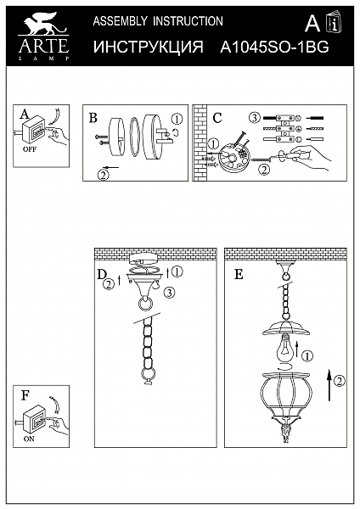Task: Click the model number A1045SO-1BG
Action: [x=274, y=48]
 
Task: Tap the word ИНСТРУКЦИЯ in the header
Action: [x=148, y=47]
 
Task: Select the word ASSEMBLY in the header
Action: [x=120, y=21]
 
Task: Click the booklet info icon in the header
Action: [x=335, y=22]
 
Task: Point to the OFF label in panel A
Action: [x=30, y=149]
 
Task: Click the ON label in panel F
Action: [x=29, y=439]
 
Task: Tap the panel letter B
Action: [x=93, y=118]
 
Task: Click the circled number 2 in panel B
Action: [x=103, y=175]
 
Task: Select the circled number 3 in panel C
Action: [x=255, y=118]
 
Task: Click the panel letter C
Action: [x=217, y=118]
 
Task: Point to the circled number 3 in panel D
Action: [x=169, y=293]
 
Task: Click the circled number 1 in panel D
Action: [x=177, y=271]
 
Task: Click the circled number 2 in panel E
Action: [x=340, y=380]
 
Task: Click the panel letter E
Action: [x=239, y=275]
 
